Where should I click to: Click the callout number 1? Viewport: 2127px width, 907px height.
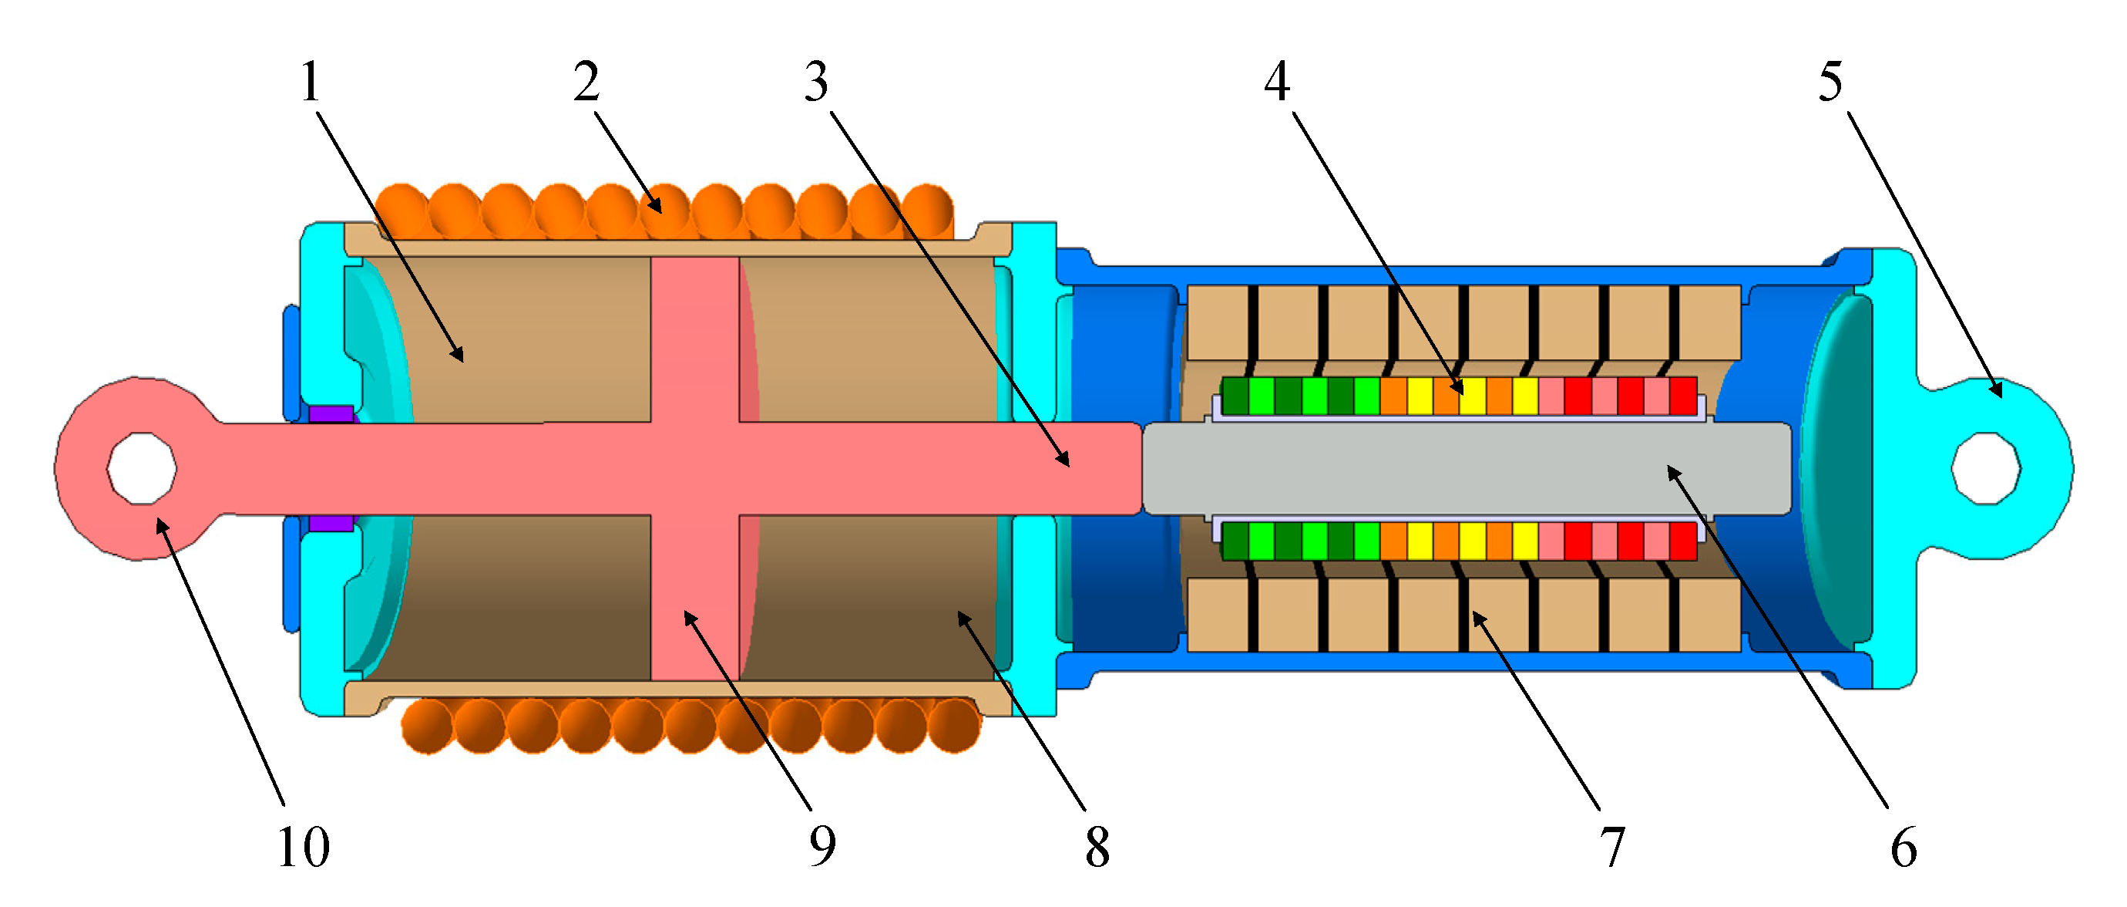(x=311, y=83)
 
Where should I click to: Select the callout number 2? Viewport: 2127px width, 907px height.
(x=586, y=83)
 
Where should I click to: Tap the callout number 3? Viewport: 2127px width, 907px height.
(x=817, y=83)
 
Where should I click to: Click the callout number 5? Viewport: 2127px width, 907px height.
(x=1830, y=83)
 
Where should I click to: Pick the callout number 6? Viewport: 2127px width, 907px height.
(x=1904, y=848)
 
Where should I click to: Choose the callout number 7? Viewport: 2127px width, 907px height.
(x=1611, y=848)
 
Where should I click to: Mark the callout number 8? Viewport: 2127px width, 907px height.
(x=1097, y=848)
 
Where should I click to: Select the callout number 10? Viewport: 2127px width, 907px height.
(x=303, y=848)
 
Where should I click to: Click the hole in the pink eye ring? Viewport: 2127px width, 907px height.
(x=141, y=468)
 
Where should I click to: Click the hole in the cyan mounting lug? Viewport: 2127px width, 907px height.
(x=1985, y=468)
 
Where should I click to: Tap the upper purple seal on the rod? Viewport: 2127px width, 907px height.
(x=331, y=413)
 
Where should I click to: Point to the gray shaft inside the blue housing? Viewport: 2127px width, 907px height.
(x=1466, y=468)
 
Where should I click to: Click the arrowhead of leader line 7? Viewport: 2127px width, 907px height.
(x=1475, y=614)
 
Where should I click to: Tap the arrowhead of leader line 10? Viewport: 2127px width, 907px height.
(x=159, y=521)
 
